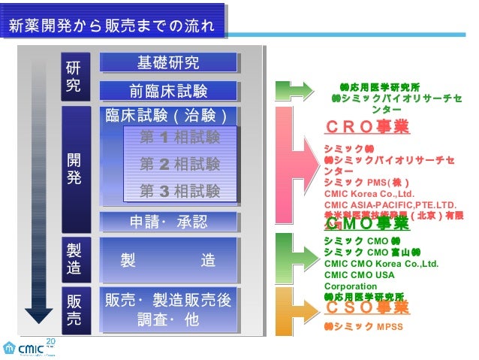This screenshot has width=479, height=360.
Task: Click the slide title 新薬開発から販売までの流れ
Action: pyautogui.click(x=113, y=27)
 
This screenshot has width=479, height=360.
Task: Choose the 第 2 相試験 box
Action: pyautogui.click(x=179, y=164)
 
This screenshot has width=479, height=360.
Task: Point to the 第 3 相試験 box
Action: pyautogui.click(x=179, y=191)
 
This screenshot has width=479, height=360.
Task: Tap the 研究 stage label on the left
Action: pyautogui.click(x=73, y=75)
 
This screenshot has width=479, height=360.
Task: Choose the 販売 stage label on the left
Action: pyautogui.click(x=73, y=309)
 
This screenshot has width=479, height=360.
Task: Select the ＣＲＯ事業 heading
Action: pyautogui.click(x=367, y=126)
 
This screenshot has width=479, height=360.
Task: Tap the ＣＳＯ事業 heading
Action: pyautogui.click(x=367, y=307)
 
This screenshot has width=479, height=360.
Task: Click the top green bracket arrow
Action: pyautogui.click(x=289, y=90)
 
